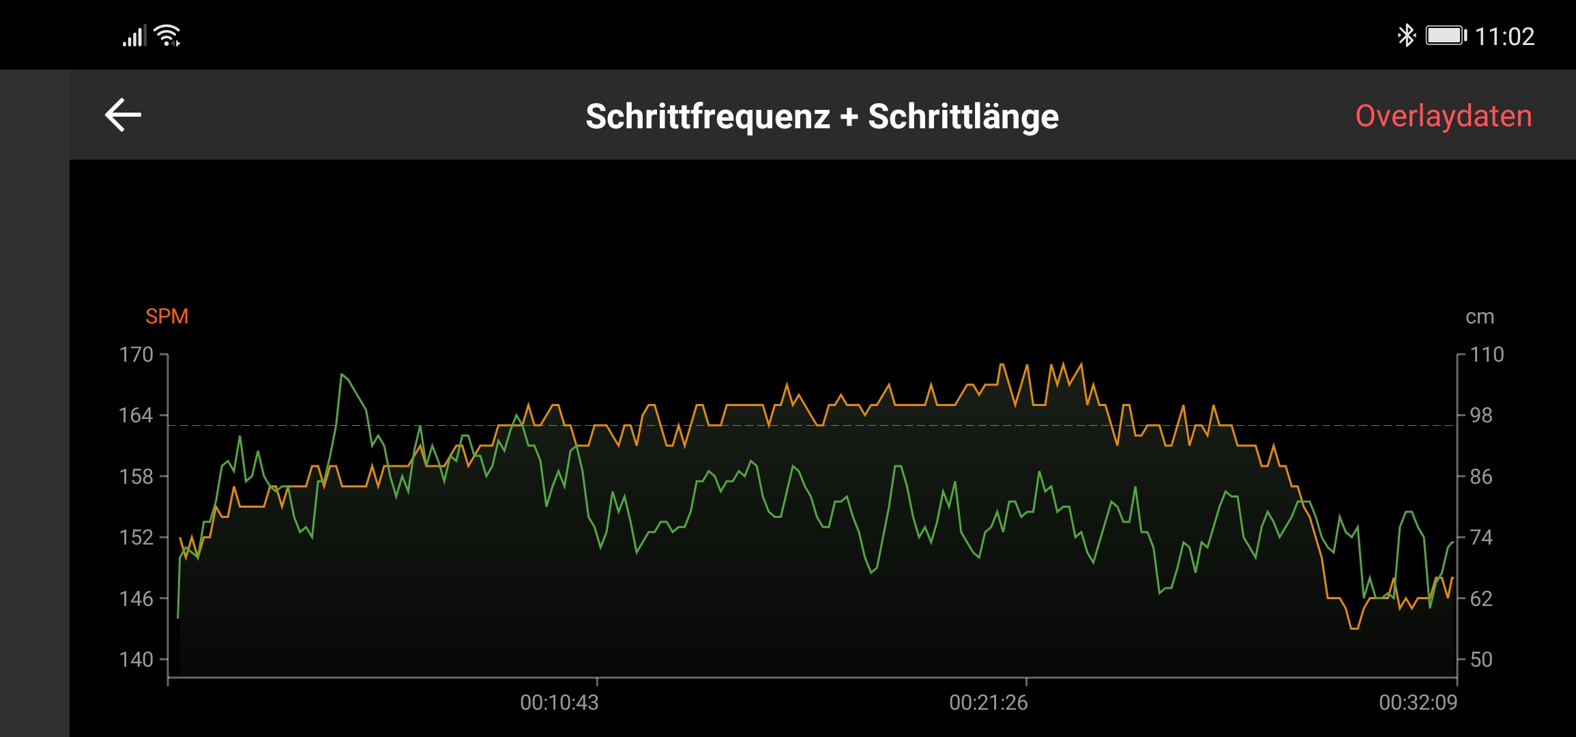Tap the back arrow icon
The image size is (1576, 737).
coord(123,115)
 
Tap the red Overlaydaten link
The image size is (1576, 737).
coord(1443,116)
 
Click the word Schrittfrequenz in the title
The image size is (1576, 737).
coord(707,117)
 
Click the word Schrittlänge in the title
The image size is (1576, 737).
coord(963,117)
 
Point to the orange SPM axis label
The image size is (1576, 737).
coord(166,317)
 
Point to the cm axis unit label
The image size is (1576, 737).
coord(1479,317)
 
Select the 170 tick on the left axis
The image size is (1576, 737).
coord(136,355)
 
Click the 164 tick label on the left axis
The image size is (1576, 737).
coord(136,416)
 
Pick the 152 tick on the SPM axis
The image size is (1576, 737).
coord(136,538)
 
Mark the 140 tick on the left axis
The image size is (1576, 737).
coord(136,660)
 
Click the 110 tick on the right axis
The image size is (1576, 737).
coord(1487,355)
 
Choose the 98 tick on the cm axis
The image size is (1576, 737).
coord(1481,416)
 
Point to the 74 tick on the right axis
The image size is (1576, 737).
coord(1481,538)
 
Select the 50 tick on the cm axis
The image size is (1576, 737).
coord(1481,660)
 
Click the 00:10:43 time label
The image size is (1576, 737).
coord(559,703)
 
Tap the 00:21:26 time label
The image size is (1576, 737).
coord(988,703)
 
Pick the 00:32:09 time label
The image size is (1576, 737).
coord(1418,703)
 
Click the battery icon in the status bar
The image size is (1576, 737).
coord(1446,35)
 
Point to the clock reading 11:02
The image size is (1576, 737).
coord(1504,36)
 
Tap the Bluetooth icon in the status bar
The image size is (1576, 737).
coord(1406,35)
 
